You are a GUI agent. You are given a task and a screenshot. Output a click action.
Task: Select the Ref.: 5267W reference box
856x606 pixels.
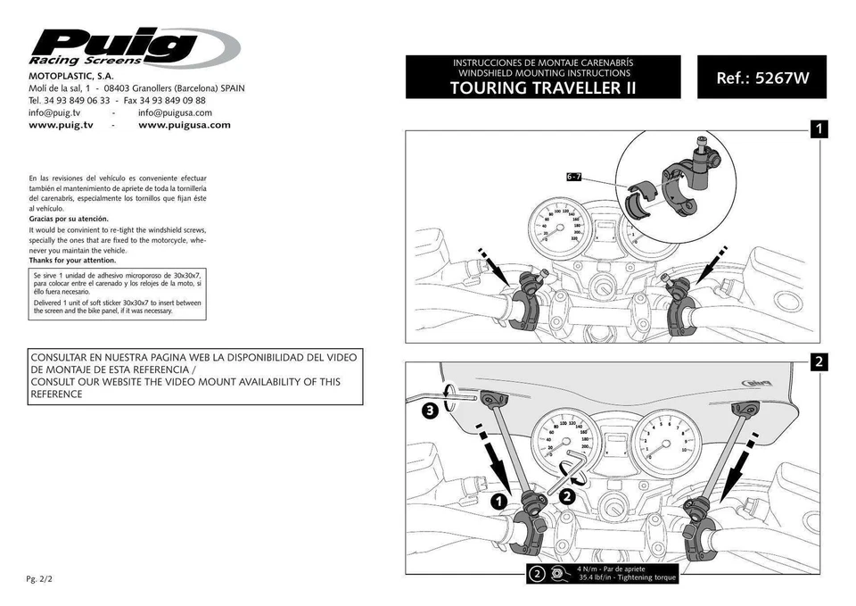coord(761,78)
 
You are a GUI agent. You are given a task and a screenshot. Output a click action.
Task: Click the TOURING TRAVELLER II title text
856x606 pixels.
coord(542,87)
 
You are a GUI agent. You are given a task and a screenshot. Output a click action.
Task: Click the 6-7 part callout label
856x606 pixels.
coord(574,178)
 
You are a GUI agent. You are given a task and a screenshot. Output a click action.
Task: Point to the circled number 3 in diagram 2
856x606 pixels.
coord(430,411)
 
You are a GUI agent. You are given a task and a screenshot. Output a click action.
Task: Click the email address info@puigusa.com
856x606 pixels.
coord(175,113)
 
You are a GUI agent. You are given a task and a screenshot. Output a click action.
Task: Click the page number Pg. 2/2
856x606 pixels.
coord(40,579)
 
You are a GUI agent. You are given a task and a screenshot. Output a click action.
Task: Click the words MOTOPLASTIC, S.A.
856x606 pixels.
coord(70,77)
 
